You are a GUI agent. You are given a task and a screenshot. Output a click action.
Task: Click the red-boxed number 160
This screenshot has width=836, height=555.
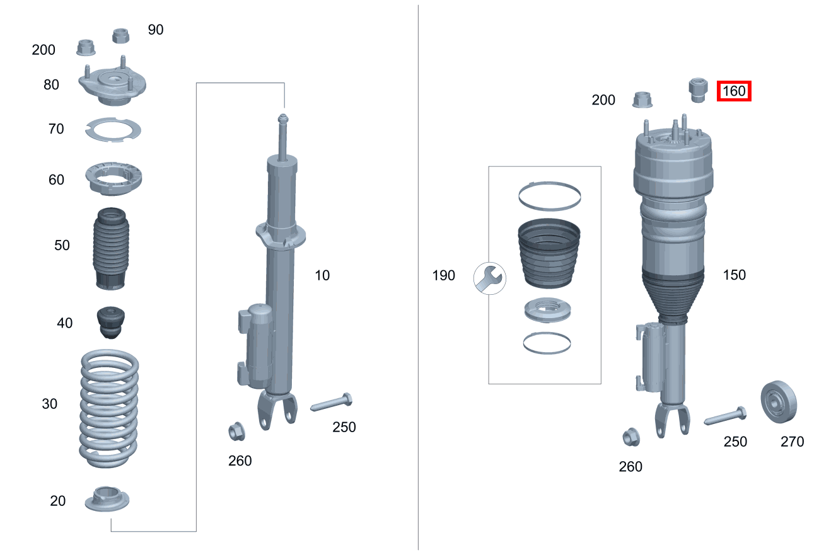click(x=734, y=91)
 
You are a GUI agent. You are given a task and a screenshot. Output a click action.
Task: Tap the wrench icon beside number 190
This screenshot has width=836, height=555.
click(x=490, y=278)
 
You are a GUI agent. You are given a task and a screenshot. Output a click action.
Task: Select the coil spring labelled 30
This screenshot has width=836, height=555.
click(x=109, y=408)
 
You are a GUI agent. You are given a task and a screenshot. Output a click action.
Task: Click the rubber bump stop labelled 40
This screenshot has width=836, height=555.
click(x=111, y=323)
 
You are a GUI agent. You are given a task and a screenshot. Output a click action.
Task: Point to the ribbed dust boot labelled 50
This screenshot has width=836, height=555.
click(x=111, y=249)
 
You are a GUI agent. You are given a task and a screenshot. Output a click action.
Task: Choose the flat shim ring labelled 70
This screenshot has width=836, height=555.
click(x=113, y=130)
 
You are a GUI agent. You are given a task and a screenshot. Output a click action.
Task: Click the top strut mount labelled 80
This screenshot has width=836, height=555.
click(x=112, y=82)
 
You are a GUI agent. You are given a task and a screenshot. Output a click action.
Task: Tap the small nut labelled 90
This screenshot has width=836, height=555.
click(x=120, y=36)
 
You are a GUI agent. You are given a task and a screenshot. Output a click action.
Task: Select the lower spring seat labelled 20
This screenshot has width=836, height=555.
click(x=107, y=499)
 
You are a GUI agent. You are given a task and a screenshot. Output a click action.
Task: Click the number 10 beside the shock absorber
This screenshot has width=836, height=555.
click(x=322, y=276)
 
